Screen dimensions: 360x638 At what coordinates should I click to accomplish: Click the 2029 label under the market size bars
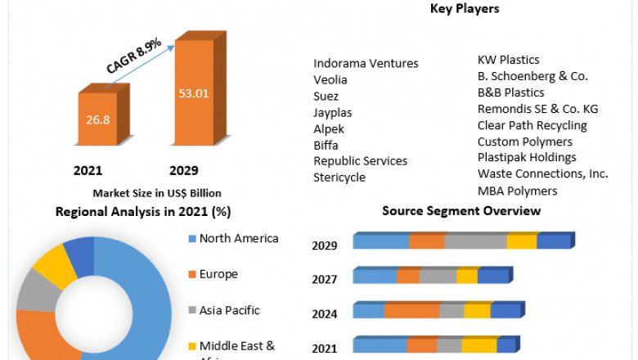184,171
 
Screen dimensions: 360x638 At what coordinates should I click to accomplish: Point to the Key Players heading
465,9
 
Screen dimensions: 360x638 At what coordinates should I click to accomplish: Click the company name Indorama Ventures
366,63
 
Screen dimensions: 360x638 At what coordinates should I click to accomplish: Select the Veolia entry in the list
330,79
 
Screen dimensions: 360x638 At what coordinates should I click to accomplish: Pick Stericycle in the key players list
339,177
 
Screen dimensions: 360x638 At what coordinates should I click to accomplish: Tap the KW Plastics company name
508,60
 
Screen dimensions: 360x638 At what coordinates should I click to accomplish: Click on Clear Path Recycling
532,125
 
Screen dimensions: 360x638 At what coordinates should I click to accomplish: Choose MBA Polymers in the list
517,191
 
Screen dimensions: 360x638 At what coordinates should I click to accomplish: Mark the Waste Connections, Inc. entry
543,173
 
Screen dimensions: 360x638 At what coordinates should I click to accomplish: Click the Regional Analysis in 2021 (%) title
143,212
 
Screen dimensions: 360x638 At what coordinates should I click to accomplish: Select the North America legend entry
239,238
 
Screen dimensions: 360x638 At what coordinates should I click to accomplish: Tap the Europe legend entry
219,274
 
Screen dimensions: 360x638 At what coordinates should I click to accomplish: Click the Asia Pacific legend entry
230,310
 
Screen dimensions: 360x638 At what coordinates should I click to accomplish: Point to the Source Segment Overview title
461,211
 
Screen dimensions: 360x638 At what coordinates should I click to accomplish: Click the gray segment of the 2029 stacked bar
475,241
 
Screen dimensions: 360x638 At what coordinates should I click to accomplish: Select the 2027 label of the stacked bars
325,279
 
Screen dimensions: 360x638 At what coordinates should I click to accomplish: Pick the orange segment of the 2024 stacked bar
411,311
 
